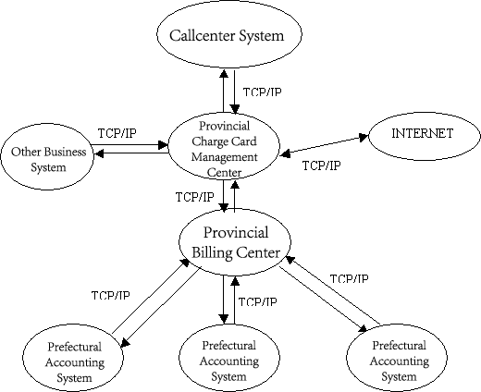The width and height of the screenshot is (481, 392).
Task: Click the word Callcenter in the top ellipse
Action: (202, 35)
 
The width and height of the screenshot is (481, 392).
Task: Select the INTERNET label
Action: (422, 133)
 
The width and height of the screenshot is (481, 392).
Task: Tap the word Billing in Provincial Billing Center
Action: (212, 252)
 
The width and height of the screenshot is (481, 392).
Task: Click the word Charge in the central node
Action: (210, 141)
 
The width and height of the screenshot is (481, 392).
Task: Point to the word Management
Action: (224, 157)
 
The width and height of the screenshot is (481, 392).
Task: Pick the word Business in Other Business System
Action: (65, 152)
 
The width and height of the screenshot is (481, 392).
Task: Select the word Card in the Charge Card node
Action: (244, 141)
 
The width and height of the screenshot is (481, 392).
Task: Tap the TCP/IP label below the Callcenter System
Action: (262, 92)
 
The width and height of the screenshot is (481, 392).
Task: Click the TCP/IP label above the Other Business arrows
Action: (117, 133)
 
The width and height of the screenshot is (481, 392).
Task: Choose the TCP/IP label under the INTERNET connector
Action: (321, 165)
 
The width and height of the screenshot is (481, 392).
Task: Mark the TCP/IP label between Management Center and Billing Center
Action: (194, 197)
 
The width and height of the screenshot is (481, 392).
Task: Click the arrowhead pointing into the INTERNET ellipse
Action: (364, 137)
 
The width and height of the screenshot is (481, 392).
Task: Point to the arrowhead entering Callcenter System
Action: (224, 74)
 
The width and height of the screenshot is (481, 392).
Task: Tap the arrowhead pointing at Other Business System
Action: (99, 153)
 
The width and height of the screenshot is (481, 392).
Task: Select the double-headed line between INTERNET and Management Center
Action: (324, 145)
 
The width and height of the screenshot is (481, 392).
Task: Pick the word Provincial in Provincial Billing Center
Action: (236, 232)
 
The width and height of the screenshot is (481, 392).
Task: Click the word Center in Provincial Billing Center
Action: (258, 252)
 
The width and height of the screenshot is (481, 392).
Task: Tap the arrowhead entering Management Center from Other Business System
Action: (163, 145)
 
